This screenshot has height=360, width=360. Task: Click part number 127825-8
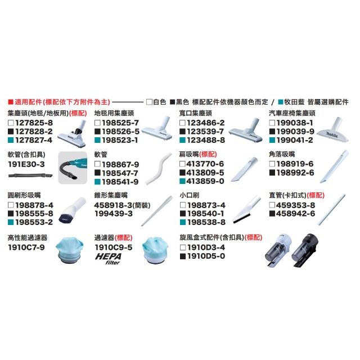click(34, 123)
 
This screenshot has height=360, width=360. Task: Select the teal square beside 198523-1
click(97, 140)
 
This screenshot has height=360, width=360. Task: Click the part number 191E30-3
click(26, 164)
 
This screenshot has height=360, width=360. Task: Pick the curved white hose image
click(159, 168)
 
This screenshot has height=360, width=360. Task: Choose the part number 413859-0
click(205, 181)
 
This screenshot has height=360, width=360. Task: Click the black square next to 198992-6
click(272, 173)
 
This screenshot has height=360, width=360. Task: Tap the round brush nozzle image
click(72, 210)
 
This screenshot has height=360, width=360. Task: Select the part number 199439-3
click(114, 214)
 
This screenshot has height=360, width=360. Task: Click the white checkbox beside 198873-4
click(182, 205)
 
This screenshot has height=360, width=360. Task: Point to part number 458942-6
click(295, 214)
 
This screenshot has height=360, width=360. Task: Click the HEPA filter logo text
click(109, 259)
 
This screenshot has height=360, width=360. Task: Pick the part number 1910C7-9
click(26, 247)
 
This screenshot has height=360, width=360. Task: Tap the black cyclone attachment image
click(305, 250)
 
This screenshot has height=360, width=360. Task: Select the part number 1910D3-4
click(206, 247)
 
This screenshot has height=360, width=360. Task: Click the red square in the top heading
click(11, 102)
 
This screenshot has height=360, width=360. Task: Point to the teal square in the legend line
click(280, 102)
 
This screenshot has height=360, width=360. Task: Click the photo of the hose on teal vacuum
click(73, 168)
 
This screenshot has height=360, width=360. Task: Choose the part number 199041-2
click(295, 140)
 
